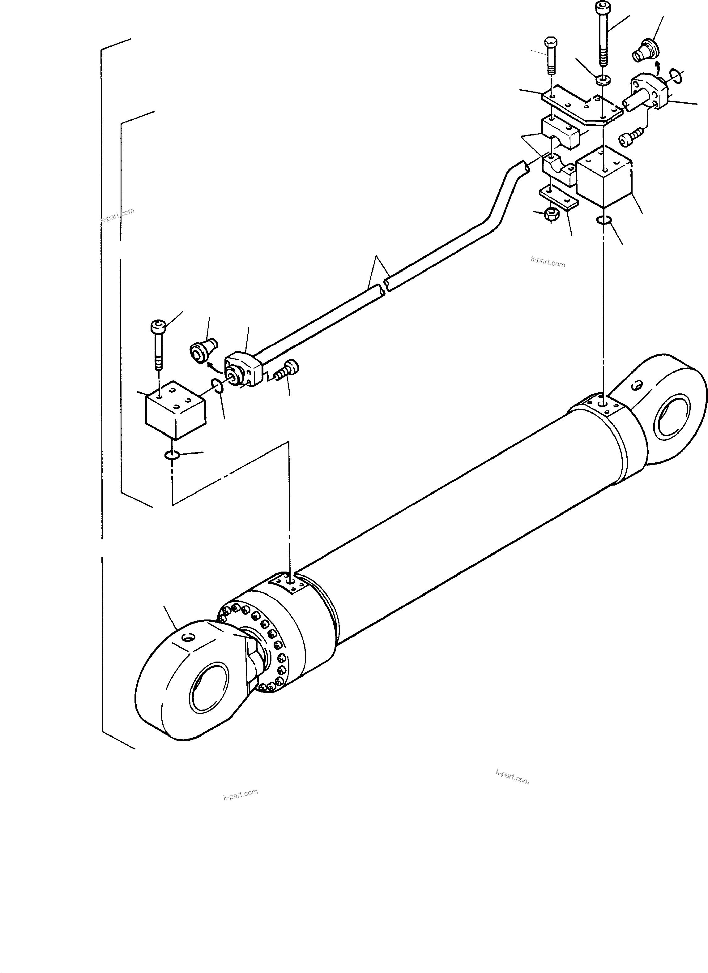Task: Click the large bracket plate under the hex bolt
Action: [581, 107]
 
